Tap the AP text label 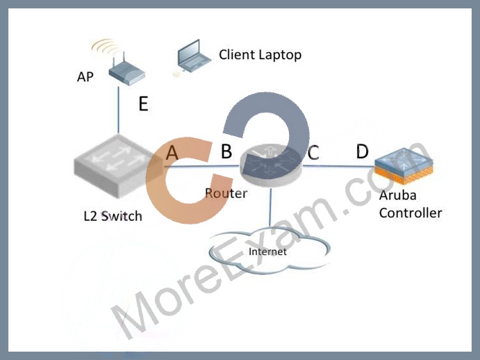click(85, 76)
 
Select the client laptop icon click(193, 56)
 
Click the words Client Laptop click(260, 55)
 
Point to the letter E click(144, 104)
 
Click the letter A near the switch click(172, 152)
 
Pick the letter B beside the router click(226, 151)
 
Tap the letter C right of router click(313, 153)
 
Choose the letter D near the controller click(362, 151)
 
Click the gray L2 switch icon click(118, 165)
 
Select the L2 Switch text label click(113, 216)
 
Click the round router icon click(271, 165)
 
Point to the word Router click(226, 193)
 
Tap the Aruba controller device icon click(404, 165)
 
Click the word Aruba click(397, 195)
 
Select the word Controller click(411, 213)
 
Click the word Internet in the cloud click(267, 252)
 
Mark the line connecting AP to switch click(119, 110)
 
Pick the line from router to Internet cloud click(270, 207)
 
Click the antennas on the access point click(119, 60)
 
